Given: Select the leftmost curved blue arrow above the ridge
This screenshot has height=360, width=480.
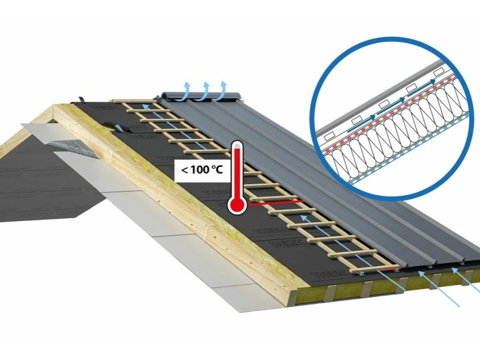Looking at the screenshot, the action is [187, 88].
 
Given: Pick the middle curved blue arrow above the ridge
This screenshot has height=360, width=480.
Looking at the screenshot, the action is [205, 88].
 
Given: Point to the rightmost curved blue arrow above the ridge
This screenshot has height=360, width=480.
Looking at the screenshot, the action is [223, 88].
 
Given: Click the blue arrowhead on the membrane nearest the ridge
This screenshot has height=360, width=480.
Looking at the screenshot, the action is [146, 106].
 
